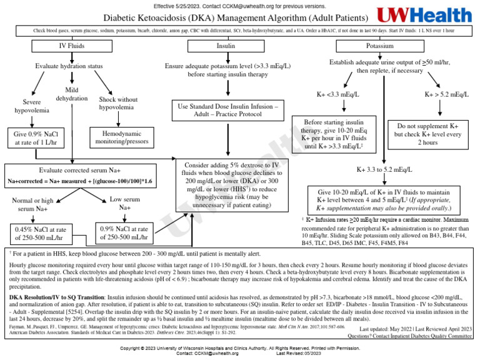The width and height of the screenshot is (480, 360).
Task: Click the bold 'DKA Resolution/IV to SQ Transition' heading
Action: click(71, 297)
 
